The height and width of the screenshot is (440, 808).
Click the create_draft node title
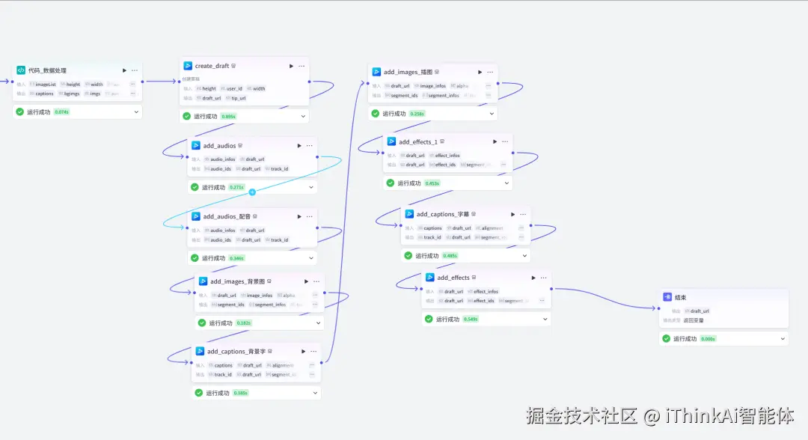point(212,66)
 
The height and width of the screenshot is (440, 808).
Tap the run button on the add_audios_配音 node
point(299,216)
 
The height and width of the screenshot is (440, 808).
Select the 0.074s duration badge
point(61,112)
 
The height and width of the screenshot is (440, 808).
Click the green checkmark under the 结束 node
point(666,338)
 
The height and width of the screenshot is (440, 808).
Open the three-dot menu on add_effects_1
point(506,141)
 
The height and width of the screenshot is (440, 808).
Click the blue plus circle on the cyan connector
point(252,192)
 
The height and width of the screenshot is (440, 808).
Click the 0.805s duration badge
point(228,116)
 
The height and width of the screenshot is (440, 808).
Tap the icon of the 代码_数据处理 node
point(21,70)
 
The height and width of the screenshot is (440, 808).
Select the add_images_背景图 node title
point(238,281)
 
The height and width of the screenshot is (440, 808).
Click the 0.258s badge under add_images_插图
point(417,114)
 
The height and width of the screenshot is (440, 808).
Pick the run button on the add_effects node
point(530,278)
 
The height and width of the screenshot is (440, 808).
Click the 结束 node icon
point(667,297)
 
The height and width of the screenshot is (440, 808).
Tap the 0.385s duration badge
point(240,393)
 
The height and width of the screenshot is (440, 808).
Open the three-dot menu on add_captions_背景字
point(314,351)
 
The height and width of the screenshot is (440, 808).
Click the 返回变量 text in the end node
point(694,320)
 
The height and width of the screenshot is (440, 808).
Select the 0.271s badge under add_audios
point(236,187)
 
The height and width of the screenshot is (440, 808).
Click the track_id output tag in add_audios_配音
point(279,240)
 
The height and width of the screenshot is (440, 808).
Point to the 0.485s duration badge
point(450,255)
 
